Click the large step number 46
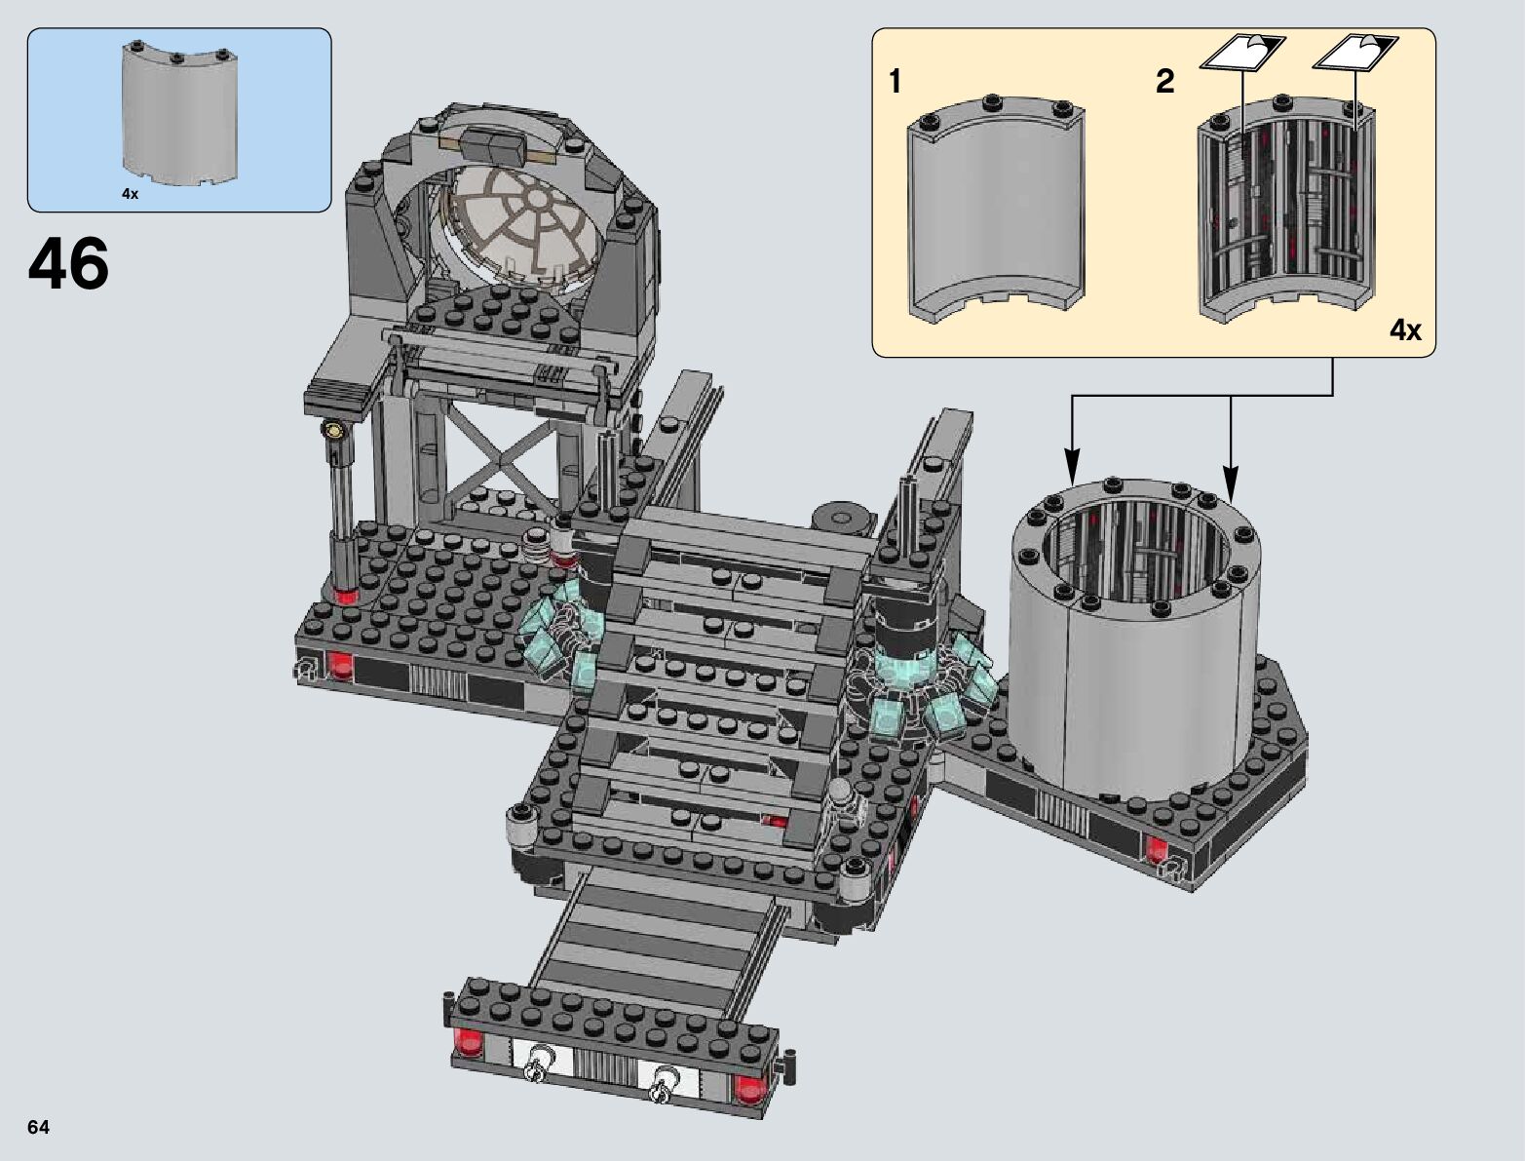click(x=68, y=263)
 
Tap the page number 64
click(x=38, y=1127)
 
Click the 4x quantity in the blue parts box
click(x=130, y=195)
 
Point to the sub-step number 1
click(x=895, y=81)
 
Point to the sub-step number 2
click(x=1165, y=81)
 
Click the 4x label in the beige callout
click(x=1405, y=330)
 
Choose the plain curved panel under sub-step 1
click(x=996, y=210)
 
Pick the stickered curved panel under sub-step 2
click(x=1286, y=210)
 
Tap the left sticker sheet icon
click(x=1242, y=53)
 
